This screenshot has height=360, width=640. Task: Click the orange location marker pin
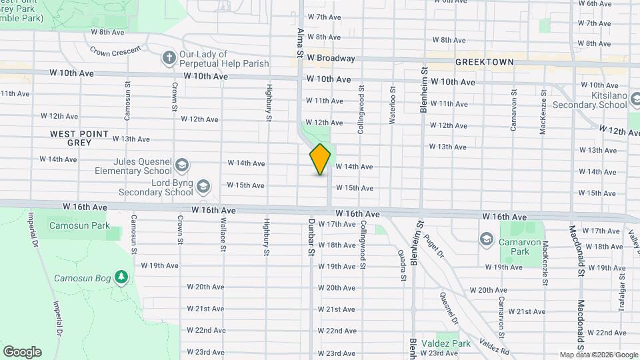tap(320, 159)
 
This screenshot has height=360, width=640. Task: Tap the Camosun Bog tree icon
tap(121, 277)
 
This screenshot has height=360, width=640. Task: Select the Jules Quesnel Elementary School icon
tap(181, 165)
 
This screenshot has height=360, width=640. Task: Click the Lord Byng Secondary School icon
tap(203, 186)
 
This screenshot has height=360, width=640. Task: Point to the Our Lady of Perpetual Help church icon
tap(169, 59)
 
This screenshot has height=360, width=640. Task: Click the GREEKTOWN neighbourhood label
tap(484, 62)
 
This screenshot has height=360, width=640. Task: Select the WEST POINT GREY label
tap(79, 138)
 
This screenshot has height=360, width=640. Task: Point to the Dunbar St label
tap(311, 238)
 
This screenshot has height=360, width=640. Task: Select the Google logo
tap(22, 352)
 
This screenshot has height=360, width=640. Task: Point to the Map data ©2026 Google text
tap(599, 355)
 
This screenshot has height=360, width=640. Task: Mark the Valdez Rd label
tap(495, 348)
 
